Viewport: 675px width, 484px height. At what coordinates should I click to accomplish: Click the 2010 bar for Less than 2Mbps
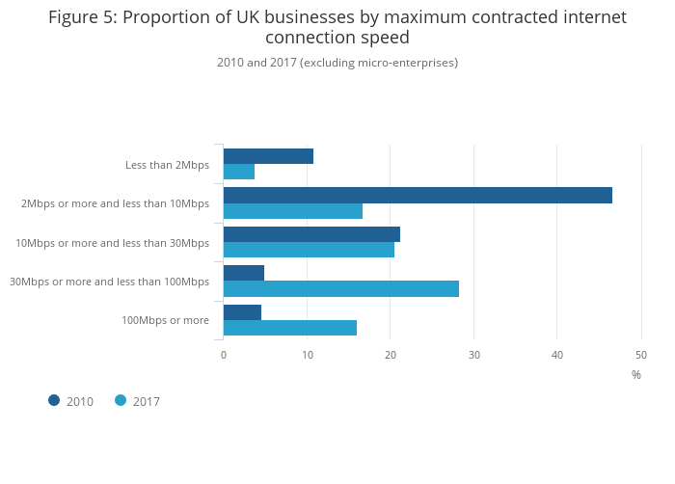coord(268,156)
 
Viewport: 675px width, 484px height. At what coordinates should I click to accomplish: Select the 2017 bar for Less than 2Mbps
coord(239,172)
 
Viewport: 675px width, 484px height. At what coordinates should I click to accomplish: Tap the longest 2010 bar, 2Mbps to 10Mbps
coord(418,196)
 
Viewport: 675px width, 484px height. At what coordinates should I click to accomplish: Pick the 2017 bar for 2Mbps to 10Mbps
coord(293,211)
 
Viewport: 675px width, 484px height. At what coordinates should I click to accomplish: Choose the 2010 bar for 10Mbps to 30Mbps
coord(311,234)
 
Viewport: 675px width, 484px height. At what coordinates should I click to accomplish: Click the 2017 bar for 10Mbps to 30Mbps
coord(309,250)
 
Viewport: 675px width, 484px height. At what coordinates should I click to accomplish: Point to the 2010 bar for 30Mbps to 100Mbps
coord(244,273)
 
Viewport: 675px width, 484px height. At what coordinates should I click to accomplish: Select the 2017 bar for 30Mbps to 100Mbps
coord(341,288)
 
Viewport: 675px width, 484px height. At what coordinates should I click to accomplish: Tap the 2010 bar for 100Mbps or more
coord(242,312)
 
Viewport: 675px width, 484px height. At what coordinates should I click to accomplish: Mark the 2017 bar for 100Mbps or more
coord(290,328)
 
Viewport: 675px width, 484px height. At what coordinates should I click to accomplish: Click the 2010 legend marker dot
coord(54,400)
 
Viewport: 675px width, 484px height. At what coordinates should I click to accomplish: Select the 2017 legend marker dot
coord(121,400)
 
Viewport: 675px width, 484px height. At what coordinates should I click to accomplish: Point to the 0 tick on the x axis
coord(224,355)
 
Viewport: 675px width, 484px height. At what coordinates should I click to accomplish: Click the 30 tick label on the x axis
coord(473,355)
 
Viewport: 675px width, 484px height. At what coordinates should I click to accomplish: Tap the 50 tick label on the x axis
coord(641,355)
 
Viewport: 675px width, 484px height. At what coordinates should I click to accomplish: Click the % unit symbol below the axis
coord(636,375)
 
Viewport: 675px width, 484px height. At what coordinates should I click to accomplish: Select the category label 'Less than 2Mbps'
coord(167,165)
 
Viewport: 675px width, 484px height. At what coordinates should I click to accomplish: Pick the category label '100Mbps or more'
coord(165,320)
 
